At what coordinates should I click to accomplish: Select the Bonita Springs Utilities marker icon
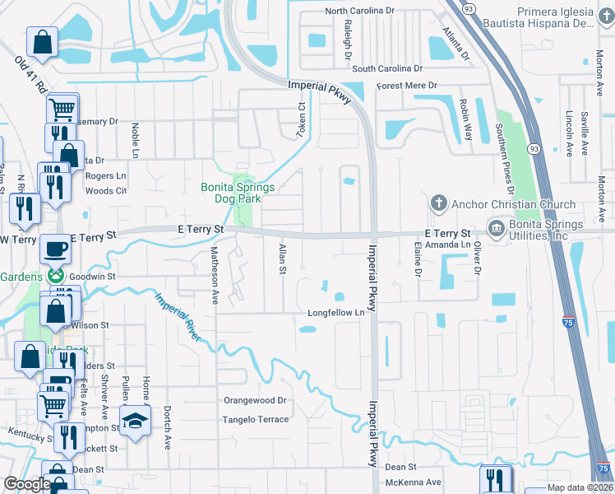point(497,227)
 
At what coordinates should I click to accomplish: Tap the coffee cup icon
point(56,247)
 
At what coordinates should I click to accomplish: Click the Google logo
point(26,484)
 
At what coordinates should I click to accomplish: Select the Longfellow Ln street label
point(335,313)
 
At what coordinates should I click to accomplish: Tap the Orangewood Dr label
point(256,401)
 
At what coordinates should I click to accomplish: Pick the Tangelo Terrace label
point(256,420)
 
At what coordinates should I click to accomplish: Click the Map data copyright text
point(579,487)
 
